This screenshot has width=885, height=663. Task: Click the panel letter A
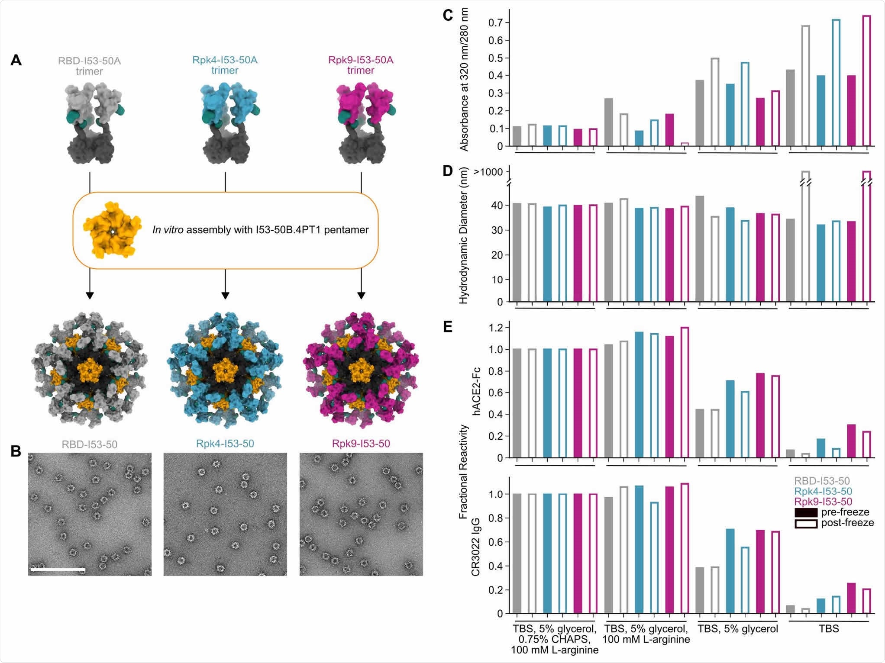(x=16, y=60)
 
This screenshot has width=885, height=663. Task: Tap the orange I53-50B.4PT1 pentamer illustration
(x=112, y=230)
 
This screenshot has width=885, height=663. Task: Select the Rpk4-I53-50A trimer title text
(x=225, y=65)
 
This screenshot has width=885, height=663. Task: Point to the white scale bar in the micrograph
(x=58, y=570)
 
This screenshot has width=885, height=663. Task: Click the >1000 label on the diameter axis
(x=488, y=172)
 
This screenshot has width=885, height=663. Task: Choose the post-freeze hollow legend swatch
(x=806, y=524)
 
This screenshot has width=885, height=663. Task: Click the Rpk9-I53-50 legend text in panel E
(x=823, y=502)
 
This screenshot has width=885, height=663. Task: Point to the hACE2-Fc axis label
(x=476, y=391)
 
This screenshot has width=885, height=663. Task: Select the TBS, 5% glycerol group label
(x=737, y=629)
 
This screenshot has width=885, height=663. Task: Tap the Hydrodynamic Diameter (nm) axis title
(x=464, y=236)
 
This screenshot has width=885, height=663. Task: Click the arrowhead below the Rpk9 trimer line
(x=361, y=296)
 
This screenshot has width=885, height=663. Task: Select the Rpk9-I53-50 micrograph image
(x=361, y=514)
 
